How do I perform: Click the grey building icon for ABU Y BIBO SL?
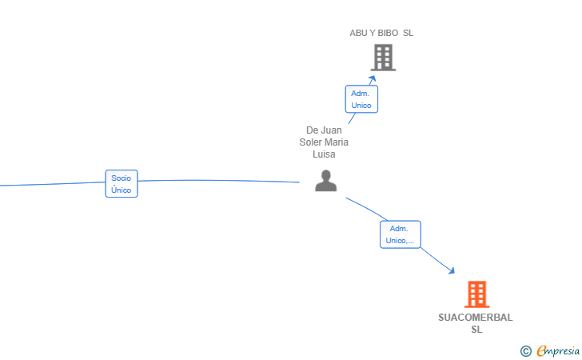click(383, 58)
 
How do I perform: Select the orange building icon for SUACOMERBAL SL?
click(477, 294)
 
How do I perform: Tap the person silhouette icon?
click(326, 181)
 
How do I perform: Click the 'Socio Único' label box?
click(122, 183)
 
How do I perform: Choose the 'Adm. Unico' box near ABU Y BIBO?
click(361, 99)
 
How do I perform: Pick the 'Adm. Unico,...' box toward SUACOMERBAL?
click(400, 234)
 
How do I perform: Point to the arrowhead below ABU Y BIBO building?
click(373, 78)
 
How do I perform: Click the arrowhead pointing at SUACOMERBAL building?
click(452, 270)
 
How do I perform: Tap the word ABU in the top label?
click(358, 33)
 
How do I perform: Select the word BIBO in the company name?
click(388, 33)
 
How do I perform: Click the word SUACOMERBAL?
click(476, 318)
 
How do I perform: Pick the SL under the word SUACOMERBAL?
click(477, 330)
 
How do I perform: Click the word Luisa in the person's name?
click(324, 154)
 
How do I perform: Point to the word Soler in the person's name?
click(310, 142)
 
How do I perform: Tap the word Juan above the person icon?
click(332, 130)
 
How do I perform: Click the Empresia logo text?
click(558, 350)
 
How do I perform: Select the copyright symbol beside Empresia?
click(526, 351)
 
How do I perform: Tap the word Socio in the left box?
click(122, 178)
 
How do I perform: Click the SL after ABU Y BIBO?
click(409, 33)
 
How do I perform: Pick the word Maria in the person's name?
click(337, 142)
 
